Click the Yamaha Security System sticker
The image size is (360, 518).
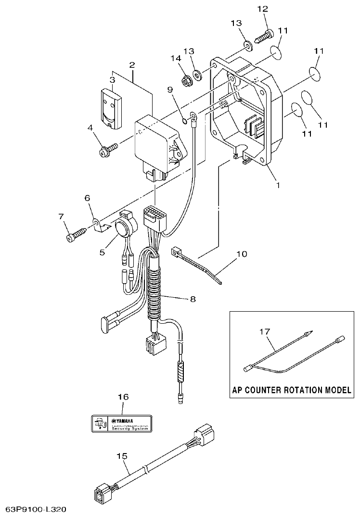pos(123,424)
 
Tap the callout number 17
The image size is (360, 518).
pos(265,331)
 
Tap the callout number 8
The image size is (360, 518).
pos(193,299)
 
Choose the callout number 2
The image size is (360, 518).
pos(131,65)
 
